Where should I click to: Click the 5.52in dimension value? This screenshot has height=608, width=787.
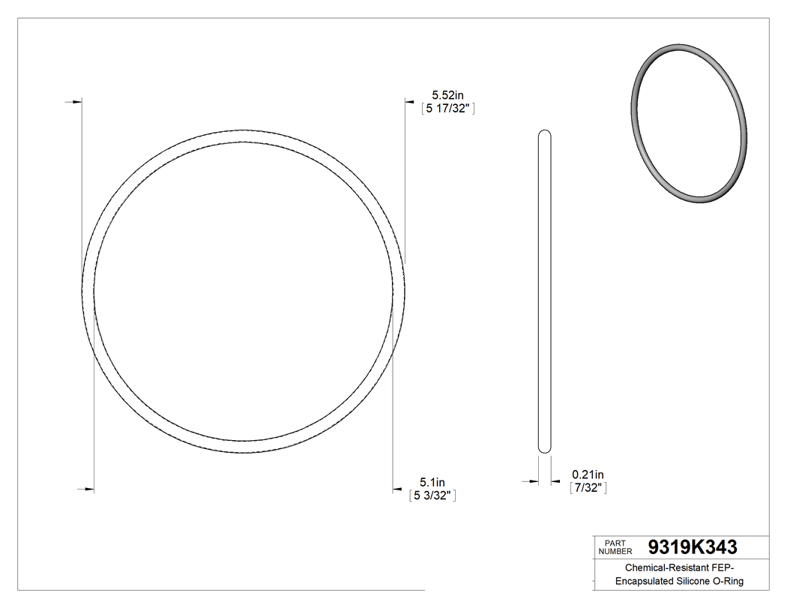pos(448,95)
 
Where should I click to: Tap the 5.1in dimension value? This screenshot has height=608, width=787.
pos(432,482)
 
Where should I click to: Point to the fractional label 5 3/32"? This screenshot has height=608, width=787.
pos(432,496)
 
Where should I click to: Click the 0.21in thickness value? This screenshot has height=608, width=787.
pos(588,475)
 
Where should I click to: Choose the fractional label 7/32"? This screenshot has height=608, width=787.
pos(588,488)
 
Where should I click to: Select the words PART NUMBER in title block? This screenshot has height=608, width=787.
pos(615,547)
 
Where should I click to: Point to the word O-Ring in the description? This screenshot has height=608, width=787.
pos(732,581)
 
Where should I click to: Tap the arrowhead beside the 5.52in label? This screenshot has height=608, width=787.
pos(410,100)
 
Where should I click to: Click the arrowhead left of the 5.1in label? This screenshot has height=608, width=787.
pos(398,490)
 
